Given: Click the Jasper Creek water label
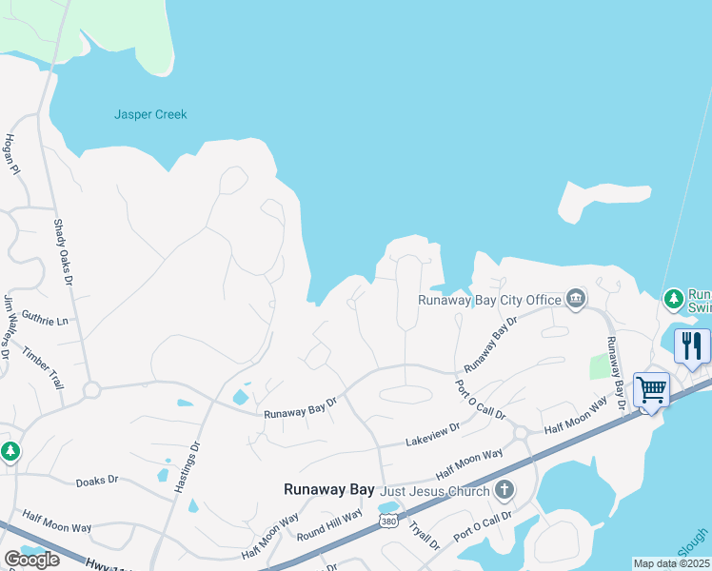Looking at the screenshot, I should (150, 114).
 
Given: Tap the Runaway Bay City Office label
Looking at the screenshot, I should (491, 300).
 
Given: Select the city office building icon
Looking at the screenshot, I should (575, 300).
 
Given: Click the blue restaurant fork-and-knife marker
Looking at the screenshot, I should (692, 345).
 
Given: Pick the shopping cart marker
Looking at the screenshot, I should (651, 389).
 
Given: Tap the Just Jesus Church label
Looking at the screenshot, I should (434, 491).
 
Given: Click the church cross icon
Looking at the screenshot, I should (504, 491).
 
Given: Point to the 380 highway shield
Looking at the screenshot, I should (387, 522).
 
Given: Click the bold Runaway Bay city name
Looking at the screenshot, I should (329, 489).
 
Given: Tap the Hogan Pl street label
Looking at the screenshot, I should (11, 153).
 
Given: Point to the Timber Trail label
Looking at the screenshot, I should (42, 365).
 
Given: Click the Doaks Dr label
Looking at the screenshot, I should (96, 482).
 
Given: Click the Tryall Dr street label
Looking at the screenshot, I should (424, 536).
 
